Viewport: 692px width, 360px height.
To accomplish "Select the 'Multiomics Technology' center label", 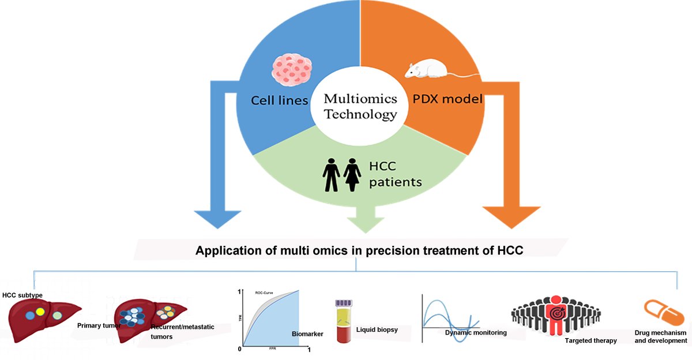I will point(360,106).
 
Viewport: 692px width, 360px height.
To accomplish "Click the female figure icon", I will point(351,175).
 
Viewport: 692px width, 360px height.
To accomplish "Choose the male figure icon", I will point(332,175).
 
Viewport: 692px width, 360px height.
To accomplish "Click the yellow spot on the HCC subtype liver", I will point(40,312).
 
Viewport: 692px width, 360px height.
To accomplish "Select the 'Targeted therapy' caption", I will point(591,340).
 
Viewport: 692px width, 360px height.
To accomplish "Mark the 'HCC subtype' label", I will point(22,295).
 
